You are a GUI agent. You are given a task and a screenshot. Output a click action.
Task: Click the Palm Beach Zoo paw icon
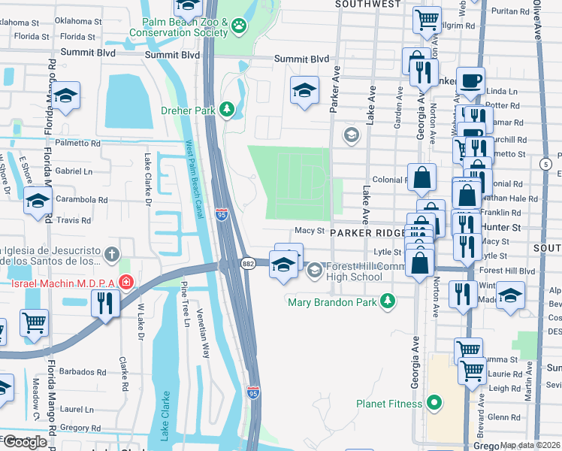point(240,27)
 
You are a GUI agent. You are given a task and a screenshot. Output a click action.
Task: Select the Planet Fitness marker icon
point(434,404)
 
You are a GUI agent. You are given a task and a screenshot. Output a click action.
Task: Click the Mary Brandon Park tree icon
point(387,302)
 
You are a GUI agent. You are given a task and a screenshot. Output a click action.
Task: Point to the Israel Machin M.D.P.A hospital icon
point(126,283)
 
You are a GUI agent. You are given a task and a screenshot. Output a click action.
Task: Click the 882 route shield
point(248,264)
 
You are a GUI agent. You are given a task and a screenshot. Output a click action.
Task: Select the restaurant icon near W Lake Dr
point(104,303)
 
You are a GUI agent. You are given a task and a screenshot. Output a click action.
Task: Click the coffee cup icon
point(470,80)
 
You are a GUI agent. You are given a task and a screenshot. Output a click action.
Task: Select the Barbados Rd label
point(84,371)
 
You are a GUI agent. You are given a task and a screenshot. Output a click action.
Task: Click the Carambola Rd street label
point(82,200)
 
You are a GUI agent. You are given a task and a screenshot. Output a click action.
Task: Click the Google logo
point(25,442)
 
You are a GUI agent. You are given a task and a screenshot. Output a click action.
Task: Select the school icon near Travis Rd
point(37,200)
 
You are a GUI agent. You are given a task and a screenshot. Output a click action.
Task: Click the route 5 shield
point(545,163)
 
